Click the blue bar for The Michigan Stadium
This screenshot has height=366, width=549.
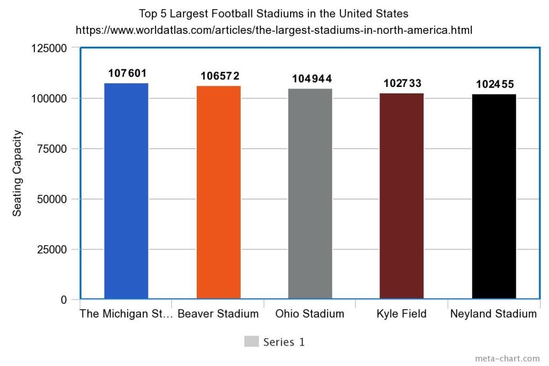[126, 191]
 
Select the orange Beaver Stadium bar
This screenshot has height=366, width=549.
[218, 192]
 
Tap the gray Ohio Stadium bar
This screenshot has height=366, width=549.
[310, 193]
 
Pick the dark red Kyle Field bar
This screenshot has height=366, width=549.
[402, 195]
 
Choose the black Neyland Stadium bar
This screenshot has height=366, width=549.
[494, 196]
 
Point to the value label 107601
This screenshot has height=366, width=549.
[127, 73]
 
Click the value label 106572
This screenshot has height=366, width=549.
[220, 76]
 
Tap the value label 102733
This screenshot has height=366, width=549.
[403, 83]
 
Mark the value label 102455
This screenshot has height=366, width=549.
[495, 84]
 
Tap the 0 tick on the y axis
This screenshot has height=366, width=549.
[63, 299]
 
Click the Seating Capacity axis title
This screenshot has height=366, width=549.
[18, 173]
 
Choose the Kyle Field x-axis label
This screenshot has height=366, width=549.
[402, 314]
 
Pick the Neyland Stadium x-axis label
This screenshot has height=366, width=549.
[493, 314]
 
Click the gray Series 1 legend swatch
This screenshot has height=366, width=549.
[251, 342]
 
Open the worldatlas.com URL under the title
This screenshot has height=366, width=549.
[274, 30]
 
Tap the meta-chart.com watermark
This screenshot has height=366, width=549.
[507, 358]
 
